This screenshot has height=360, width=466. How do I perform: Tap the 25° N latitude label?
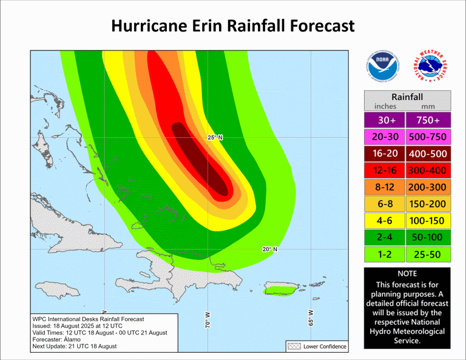215,138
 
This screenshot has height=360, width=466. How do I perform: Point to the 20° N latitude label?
269,250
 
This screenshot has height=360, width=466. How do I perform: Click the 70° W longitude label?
208,320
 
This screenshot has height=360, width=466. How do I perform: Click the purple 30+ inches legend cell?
385,120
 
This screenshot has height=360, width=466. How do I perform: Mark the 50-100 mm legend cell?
429,237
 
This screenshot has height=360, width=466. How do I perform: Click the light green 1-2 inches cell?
385,255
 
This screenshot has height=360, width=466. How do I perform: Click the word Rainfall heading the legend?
407,97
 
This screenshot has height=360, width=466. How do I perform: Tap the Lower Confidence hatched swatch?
294,347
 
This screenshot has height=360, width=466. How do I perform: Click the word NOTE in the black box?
407,274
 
